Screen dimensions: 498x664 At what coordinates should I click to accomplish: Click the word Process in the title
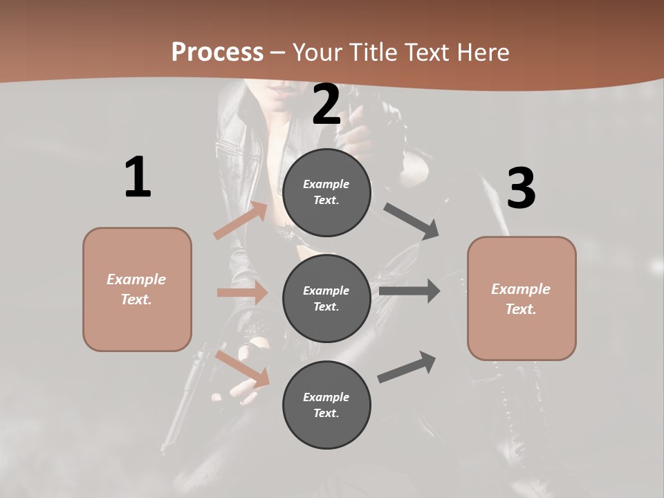point(217,53)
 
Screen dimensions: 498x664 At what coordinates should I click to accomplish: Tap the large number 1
point(138,178)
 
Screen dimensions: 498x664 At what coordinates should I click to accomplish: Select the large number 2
point(326,105)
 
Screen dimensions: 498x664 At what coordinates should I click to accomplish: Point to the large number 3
point(521,189)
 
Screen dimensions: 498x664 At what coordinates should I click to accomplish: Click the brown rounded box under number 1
point(137,289)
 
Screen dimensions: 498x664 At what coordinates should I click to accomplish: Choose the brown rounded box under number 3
point(522,298)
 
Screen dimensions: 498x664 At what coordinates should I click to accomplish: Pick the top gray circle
point(326,192)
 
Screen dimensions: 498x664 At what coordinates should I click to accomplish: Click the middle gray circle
point(326,298)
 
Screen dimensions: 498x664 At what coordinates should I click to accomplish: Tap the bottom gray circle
point(326,405)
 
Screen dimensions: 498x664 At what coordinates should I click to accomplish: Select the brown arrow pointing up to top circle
point(241,221)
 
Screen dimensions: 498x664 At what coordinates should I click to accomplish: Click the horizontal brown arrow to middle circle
point(242,293)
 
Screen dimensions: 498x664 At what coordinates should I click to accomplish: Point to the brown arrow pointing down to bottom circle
point(243,369)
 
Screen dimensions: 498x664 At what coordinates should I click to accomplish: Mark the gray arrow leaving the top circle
point(412,221)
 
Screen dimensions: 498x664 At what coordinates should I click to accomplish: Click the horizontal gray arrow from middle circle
point(409,290)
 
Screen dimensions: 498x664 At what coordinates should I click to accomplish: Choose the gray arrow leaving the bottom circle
point(407,367)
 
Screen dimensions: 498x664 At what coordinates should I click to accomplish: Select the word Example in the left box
point(136,279)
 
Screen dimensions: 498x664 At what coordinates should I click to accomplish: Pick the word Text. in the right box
point(521,309)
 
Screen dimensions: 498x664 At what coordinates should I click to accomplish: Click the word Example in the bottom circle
point(326,397)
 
